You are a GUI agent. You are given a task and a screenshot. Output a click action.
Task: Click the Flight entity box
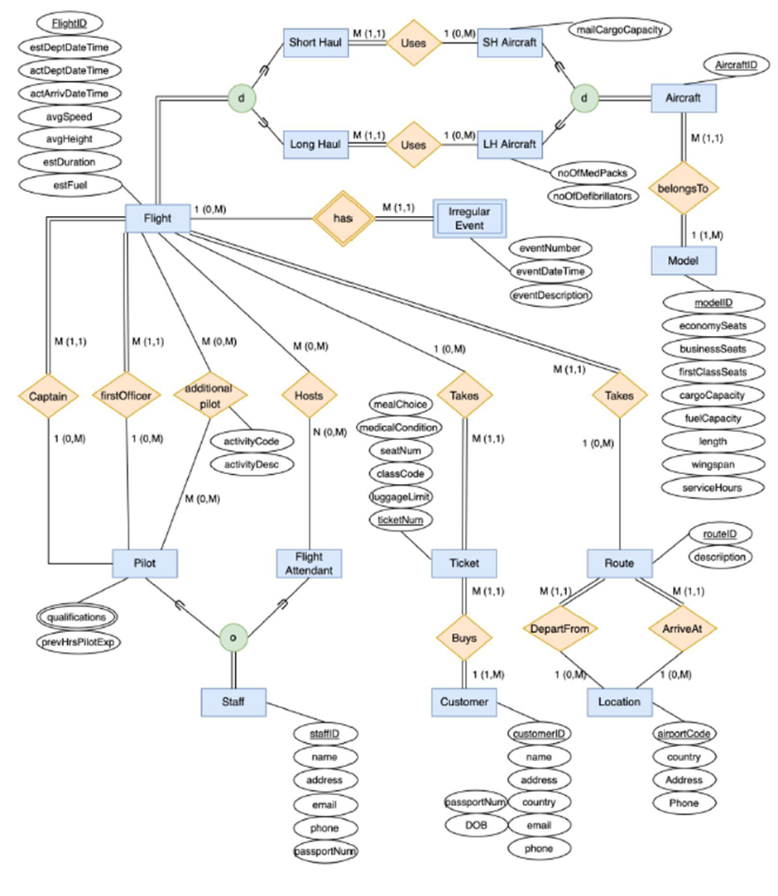pos(157,218)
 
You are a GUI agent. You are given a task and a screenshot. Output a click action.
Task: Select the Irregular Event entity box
pos(468,218)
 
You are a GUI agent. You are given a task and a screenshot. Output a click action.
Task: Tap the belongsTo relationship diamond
pos(684,189)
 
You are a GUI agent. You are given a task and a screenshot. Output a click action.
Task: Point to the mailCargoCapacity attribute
pos(620,29)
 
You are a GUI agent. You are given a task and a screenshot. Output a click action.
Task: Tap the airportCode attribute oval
pos(683,734)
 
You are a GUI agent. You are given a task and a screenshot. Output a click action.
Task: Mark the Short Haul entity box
pos(315,42)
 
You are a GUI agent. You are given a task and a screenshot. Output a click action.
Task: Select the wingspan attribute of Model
pos(701,465)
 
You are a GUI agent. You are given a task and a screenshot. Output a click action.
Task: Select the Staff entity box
pos(233,703)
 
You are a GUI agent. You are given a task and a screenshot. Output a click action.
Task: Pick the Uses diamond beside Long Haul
pos(413,144)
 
